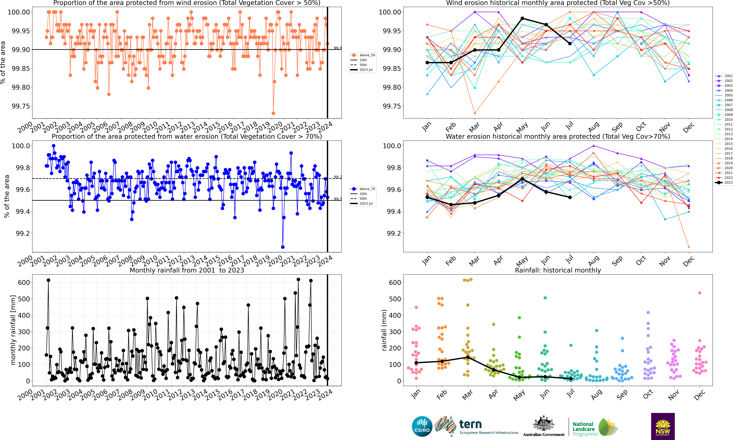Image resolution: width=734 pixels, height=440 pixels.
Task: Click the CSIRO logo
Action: click(x=422, y=426)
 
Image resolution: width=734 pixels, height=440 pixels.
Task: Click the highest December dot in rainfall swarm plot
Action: click(x=700, y=293)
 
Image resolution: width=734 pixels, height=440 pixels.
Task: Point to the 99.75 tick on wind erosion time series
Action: click(x=21, y=106)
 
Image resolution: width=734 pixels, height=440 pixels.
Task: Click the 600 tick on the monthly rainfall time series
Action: click(x=24, y=283)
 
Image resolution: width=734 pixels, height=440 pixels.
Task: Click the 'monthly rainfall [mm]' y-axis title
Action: click(x=13, y=330)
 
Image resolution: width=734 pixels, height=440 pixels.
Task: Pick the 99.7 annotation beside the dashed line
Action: click(x=338, y=177)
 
